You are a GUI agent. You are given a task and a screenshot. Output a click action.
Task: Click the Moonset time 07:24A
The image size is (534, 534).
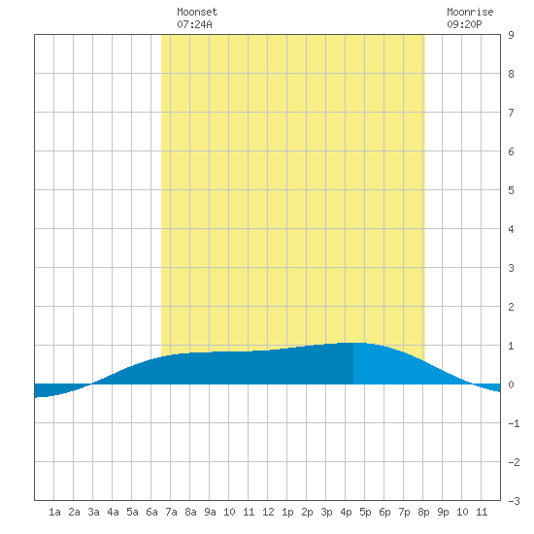pos(194,24)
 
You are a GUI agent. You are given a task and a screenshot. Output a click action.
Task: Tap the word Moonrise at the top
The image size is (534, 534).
pos(470,12)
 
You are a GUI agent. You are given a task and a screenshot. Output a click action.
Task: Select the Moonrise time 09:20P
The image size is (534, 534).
pos(464,24)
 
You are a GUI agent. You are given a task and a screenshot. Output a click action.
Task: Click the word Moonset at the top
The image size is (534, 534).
pos(197,12)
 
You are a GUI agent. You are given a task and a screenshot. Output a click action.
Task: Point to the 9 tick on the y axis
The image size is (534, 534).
pos(511,35)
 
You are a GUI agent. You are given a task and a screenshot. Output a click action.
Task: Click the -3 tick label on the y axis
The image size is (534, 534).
pos(514,501)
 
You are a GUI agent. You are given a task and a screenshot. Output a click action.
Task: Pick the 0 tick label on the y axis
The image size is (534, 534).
pos(511,384)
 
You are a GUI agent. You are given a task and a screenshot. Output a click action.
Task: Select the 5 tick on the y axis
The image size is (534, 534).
pos(511,190)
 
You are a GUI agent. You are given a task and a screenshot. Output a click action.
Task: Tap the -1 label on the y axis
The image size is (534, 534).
pos(514,423)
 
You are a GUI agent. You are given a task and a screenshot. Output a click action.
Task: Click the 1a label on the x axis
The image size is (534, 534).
pos(54,512)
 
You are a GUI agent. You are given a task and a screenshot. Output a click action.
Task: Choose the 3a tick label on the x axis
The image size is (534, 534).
pos(93,512)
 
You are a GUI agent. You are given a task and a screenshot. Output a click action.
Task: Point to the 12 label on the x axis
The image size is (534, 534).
pos(268,512)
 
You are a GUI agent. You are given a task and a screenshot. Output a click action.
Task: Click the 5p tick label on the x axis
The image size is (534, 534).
pos(365,512)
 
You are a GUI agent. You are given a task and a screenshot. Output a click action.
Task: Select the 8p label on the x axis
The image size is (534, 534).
pos(423,512)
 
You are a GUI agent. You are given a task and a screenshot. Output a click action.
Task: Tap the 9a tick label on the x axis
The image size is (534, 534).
pos(210,512)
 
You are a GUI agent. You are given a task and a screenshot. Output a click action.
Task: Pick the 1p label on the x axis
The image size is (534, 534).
pos(287,512)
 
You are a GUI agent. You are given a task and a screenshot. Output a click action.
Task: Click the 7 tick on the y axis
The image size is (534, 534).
pos(511,113)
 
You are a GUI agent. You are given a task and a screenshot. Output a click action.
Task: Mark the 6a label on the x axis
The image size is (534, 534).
pos(151,512)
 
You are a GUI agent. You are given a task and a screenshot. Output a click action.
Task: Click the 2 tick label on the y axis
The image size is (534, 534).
pos(511,307)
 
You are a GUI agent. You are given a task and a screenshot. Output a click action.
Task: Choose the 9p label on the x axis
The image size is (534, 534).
pos(443,512)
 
